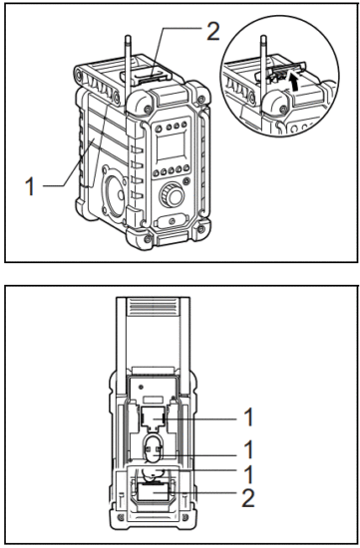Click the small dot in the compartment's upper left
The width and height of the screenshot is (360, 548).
pyautogui.click(x=146, y=381)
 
